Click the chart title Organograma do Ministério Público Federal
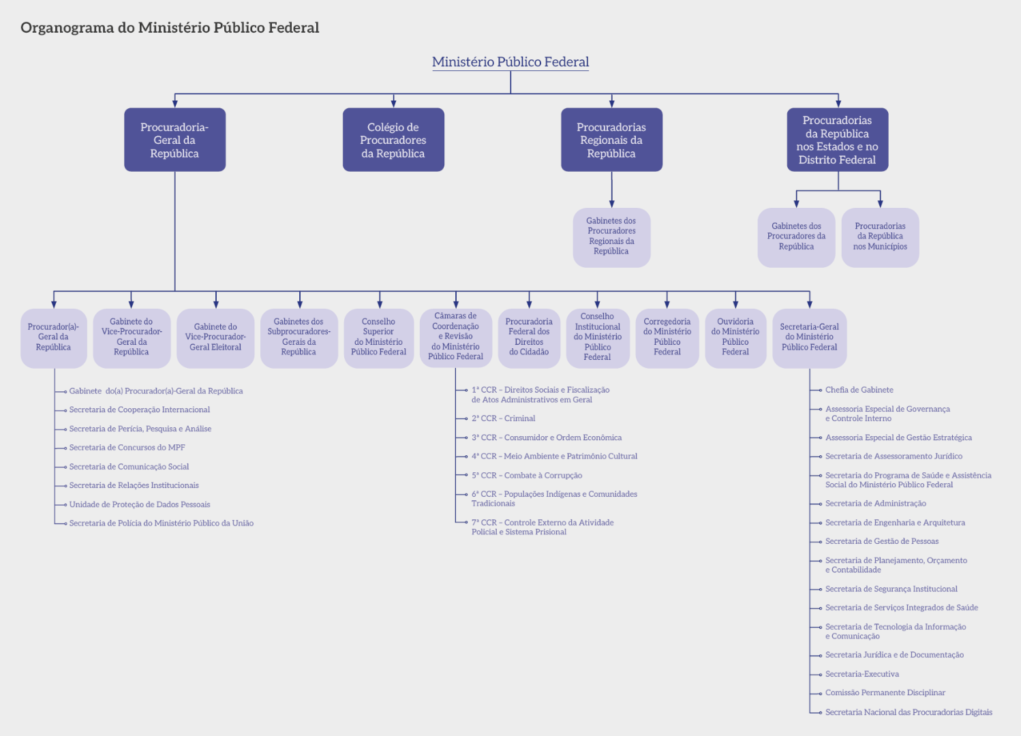point(170,28)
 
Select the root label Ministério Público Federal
point(510,62)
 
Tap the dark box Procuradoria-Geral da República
point(174,140)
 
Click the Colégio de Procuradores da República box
point(393,140)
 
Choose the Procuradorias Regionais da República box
point(611,140)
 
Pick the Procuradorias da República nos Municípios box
point(880,236)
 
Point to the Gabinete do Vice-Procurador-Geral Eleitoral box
point(215,337)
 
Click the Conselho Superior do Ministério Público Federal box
point(378,337)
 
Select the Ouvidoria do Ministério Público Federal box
point(735,337)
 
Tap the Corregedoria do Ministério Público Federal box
point(667,337)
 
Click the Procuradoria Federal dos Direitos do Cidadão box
point(529,337)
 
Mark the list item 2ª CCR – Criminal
point(503,418)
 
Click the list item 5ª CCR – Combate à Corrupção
point(527,476)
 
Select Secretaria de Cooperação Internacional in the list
point(139,410)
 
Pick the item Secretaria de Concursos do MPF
point(127,448)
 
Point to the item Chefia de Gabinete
point(859,390)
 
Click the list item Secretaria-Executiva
point(862,674)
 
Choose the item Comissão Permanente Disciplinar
point(885,692)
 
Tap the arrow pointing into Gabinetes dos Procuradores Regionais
point(611,202)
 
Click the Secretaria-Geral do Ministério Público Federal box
point(809,337)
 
